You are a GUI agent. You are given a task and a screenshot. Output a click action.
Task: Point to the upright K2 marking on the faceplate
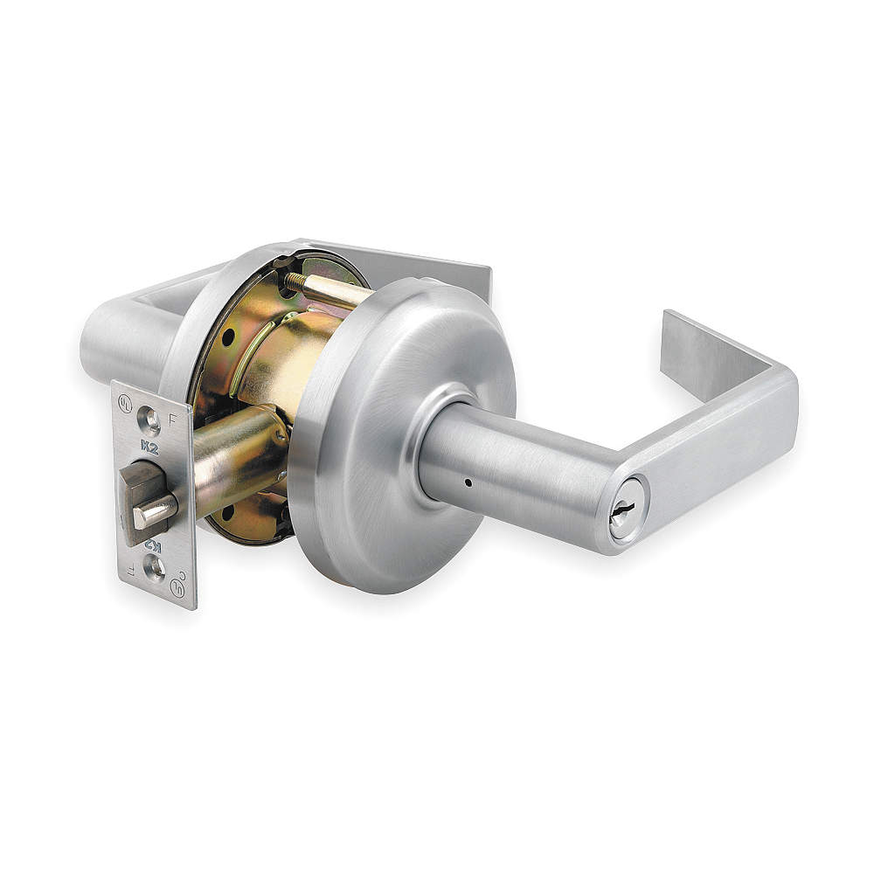[149, 449]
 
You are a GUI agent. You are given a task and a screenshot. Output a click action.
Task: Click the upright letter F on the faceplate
[171, 419]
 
